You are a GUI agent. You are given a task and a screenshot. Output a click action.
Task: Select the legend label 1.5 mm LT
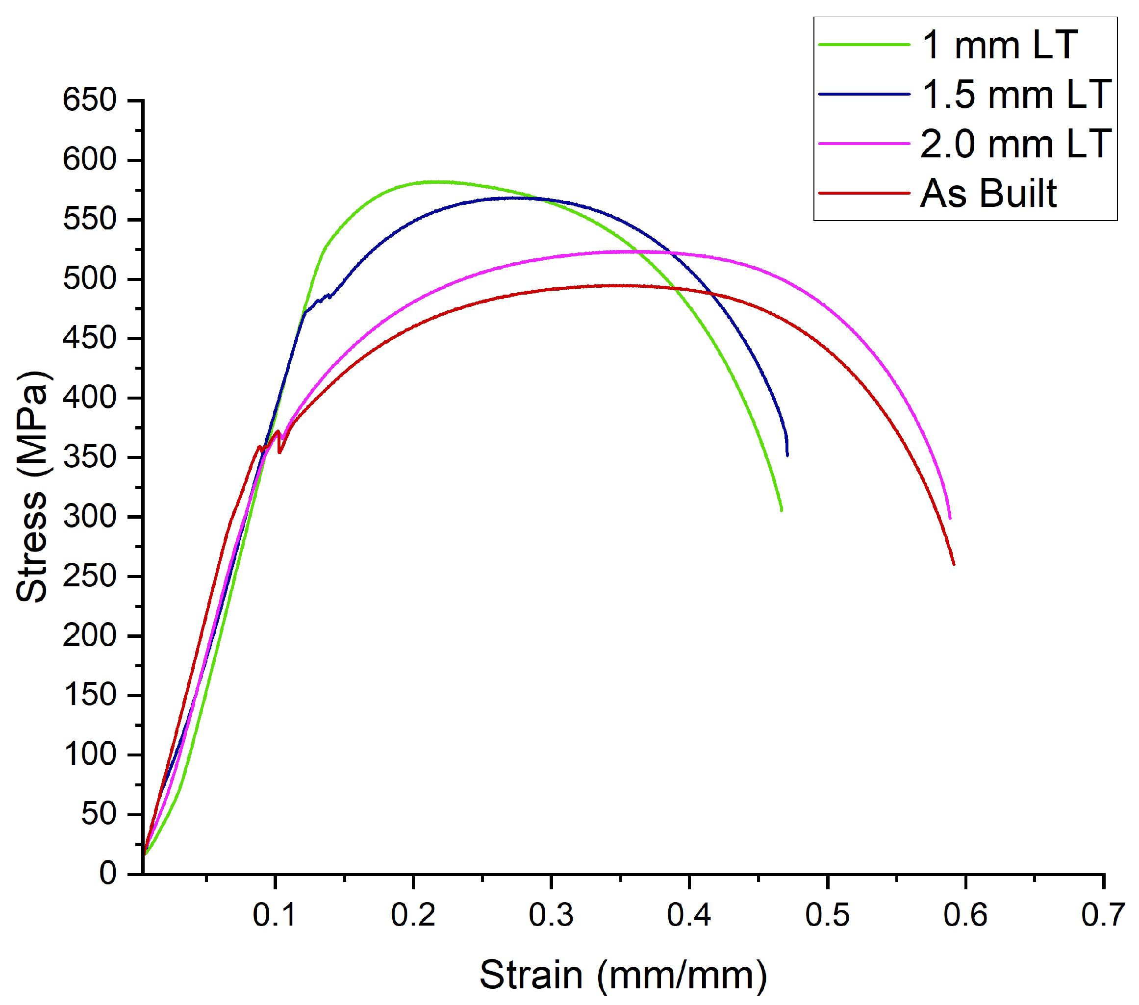[x=1016, y=94]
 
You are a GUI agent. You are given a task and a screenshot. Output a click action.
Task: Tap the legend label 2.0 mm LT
[x=1016, y=144]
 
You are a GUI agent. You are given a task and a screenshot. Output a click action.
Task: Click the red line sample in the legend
[x=864, y=193]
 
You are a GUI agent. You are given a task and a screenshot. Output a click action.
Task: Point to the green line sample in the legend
[x=864, y=45]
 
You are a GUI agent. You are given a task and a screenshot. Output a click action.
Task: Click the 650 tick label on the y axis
[x=89, y=100]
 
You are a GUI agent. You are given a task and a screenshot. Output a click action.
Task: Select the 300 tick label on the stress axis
[x=89, y=517]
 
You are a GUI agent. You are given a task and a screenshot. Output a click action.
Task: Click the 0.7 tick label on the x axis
[x=1103, y=915]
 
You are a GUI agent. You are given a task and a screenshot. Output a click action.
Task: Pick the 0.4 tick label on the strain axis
[x=689, y=915]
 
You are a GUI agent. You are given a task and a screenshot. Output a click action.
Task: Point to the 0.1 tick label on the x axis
[x=274, y=915]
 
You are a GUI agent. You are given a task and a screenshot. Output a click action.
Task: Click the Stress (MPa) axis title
[x=32, y=486]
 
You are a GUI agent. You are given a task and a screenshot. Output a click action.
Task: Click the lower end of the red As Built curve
[x=954, y=564]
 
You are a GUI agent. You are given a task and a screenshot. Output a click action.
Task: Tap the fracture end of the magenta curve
[x=950, y=518]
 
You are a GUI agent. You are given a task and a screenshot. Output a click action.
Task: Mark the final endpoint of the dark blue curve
[x=787, y=455]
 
